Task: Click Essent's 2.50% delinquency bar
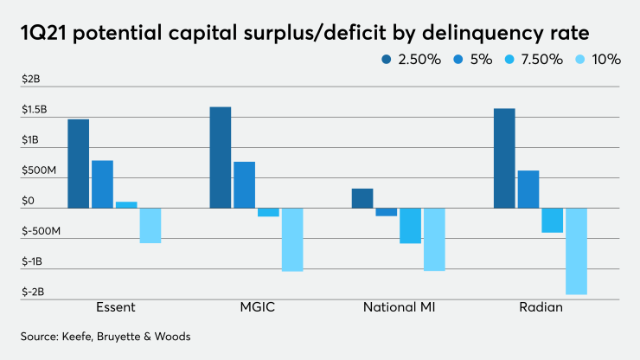(x=78, y=163)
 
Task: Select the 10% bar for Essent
(x=150, y=225)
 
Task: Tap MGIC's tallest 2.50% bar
(x=220, y=157)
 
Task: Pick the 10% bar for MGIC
(x=292, y=239)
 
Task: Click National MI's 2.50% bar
(x=362, y=198)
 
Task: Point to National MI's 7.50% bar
(x=410, y=225)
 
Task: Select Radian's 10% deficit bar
(x=576, y=251)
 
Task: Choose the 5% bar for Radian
(x=528, y=189)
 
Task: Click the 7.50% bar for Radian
(x=552, y=220)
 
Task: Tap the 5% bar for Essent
(x=102, y=183)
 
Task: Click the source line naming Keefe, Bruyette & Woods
(x=106, y=336)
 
